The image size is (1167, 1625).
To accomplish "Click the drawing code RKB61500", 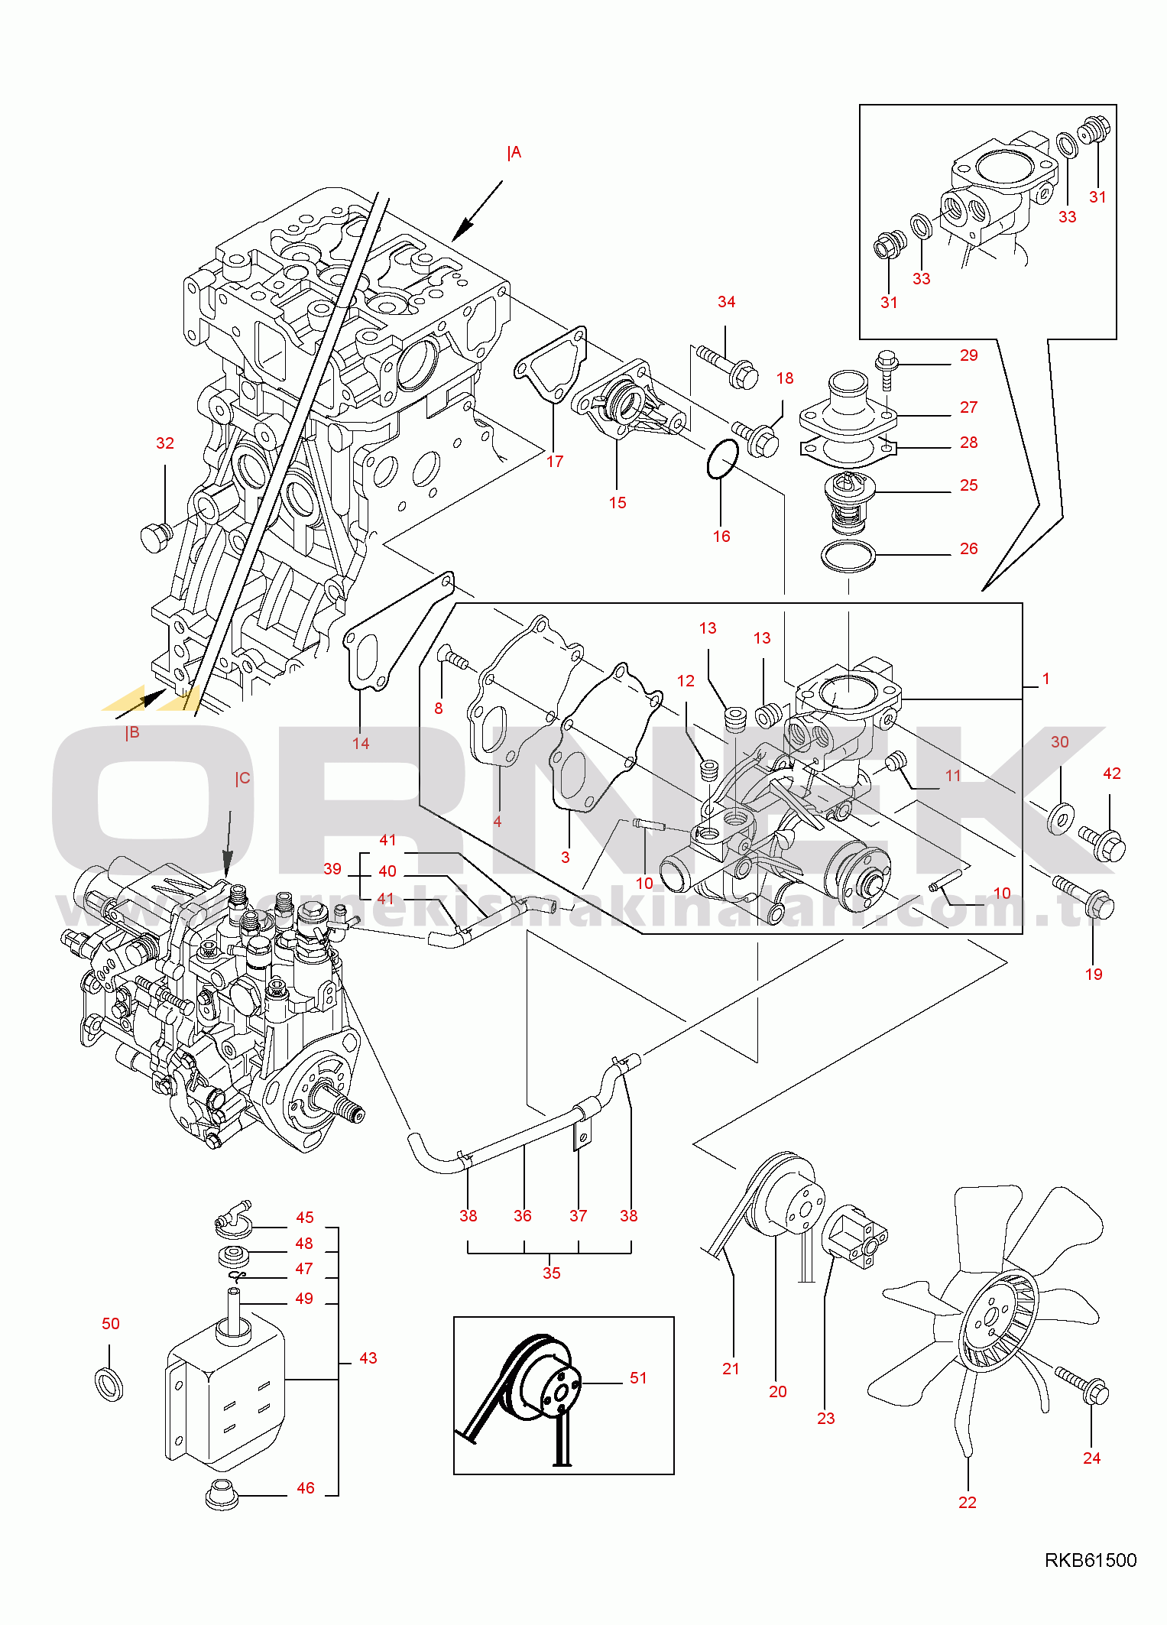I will pyautogui.click(x=1091, y=1561).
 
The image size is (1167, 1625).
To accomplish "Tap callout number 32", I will pyautogui.click(x=165, y=443).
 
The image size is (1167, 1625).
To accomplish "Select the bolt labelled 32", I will pyautogui.click(x=155, y=537).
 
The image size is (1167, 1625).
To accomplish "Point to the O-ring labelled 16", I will pyautogui.click(x=722, y=459).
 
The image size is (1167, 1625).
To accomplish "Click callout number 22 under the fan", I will pyautogui.click(x=968, y=1503).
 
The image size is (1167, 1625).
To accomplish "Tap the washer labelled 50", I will pyautogui.click(x=111, y=1384).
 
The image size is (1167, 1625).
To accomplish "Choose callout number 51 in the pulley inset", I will pyautogui.click(x=638, y=1378).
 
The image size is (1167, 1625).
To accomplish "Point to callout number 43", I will pyautogui.click(x=368, y=1358).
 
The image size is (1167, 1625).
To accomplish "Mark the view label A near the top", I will pyautogui.click(x=514, y=153).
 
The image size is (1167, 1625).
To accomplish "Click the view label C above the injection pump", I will pyautogui.click(x=242, y=779).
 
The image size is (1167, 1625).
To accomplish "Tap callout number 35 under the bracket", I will pyautogui.click(x=552, y=1273).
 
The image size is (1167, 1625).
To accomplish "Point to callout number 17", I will pyautogui.click(x=555, y=462).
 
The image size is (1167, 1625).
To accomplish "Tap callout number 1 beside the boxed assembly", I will pyautogui.click(x=1045, y=679).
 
